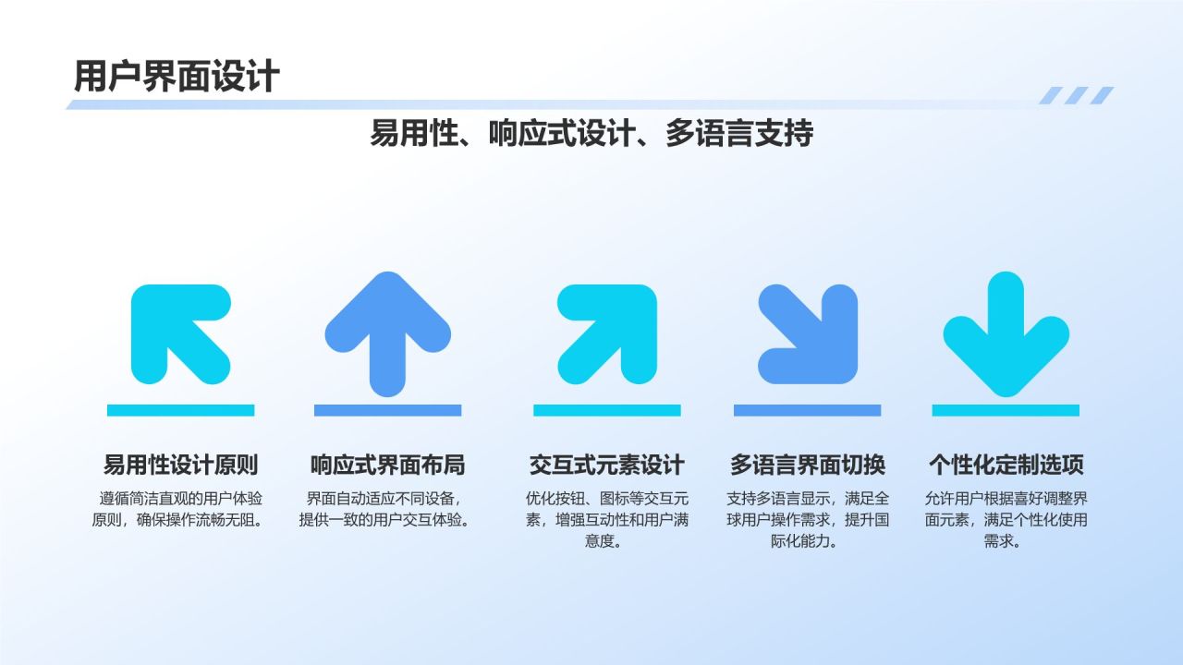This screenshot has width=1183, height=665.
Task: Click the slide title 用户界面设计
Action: coord(176,76)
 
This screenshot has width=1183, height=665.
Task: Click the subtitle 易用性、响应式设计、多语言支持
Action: coord(591,133)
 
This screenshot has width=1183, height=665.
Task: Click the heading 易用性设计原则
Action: coord(180,465)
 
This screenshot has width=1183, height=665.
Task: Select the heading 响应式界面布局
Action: coord(387,465)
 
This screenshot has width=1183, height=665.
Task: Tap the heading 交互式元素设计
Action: coord(606,465)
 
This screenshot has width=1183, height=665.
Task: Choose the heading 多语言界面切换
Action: coord(807,465)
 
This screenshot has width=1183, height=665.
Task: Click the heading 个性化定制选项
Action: coord(1006,465)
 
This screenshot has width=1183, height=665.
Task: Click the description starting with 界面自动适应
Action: coord(387,509)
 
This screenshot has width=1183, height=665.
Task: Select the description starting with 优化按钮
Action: coord(606,520)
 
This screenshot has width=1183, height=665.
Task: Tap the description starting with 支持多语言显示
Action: coord(807,520)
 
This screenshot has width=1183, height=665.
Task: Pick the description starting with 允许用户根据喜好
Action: coord(1006,520)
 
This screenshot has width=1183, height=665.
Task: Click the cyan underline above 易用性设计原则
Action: coord(180,410)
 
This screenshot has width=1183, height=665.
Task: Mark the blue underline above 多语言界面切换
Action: coord(807,410)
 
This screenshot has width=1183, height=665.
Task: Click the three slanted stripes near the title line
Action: coord(1076,95)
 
